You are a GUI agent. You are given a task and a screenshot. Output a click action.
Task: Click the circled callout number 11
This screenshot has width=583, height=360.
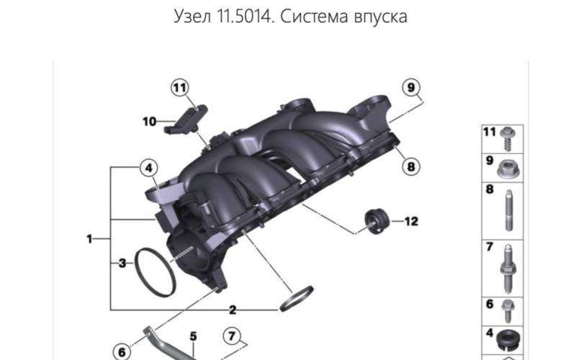180,88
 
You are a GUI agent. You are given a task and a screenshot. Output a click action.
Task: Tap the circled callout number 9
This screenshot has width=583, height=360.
411,87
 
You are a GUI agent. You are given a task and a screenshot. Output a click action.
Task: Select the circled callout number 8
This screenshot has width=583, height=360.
411,166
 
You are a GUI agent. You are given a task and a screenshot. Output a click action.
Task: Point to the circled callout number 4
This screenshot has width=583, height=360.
149,168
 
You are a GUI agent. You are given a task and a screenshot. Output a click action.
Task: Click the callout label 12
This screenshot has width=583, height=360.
411,221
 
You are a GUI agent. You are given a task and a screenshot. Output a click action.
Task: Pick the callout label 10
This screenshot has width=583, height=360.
150,121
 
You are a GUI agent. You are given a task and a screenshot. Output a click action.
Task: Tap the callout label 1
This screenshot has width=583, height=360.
89,239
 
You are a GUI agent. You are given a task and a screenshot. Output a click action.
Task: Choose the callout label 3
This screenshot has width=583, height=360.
122,264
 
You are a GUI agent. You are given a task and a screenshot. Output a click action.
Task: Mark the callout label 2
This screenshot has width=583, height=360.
232,310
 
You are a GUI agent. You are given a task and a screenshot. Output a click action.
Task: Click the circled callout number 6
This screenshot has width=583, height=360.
122,351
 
